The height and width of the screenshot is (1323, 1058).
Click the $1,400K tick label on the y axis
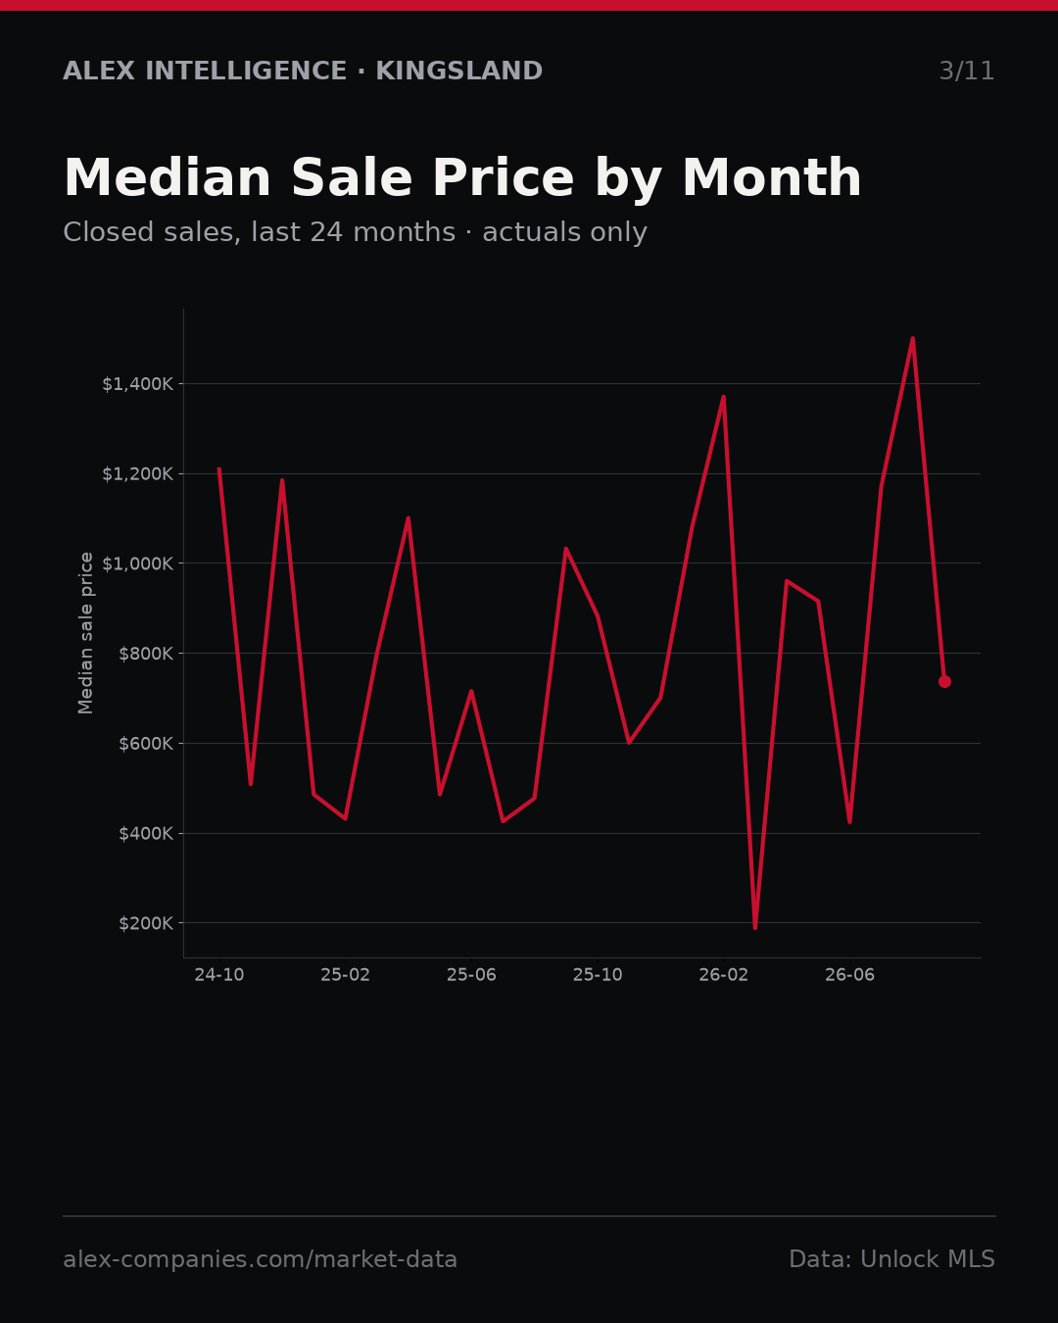click(x=138, y=384)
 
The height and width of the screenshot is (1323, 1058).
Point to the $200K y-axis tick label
click(x=146, y=923)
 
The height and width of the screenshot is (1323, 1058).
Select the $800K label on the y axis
click(x=146, y=654)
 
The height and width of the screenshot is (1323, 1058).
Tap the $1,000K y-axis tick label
click(x=138, y=563)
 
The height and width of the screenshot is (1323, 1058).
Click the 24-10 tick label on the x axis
click(x=219, y=975)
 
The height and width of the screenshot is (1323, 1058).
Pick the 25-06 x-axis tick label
click(x=471, y=975)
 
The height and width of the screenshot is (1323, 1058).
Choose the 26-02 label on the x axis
click(x=724, y=975)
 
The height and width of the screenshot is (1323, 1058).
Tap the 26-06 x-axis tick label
click(x=849, y=975)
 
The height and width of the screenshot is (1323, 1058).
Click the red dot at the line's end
click(x=945, y=681)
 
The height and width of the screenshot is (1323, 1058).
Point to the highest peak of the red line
click(x=913, y=338)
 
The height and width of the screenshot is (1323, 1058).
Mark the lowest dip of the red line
click(x=755, y=928)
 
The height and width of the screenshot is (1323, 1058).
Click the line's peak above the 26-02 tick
click(x=724, y=397)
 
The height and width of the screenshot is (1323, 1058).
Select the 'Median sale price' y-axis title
click(x=86, y=633)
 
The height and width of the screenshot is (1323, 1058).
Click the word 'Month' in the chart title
click(x=772, y=178)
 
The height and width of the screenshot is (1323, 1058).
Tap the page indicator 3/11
click(x=967, y=72)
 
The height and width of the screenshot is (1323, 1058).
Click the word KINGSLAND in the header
click(x=459, y=72)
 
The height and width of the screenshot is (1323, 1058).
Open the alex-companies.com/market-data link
click(x=260, y=1259)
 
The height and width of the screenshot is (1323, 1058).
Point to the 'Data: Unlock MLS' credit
click(x=892, y=1259)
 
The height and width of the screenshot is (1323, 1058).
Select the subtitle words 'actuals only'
click(x=565, y=232)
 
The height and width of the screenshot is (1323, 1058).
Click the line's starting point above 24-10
click(x=219, y=469)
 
